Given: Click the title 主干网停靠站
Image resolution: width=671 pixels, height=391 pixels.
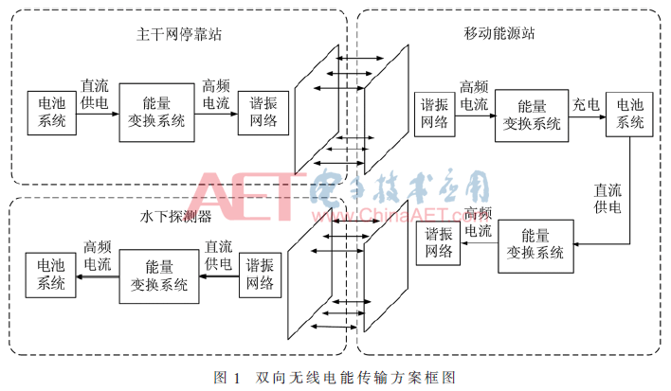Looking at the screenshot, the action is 179,34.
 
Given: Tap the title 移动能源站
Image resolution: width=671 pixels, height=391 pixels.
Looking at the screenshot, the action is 499,33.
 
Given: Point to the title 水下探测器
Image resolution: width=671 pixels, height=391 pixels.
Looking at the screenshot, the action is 175,216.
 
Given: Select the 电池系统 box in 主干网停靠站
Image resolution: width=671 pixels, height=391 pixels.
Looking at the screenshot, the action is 52,113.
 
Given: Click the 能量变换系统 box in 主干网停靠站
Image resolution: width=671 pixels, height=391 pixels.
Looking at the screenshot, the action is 156,113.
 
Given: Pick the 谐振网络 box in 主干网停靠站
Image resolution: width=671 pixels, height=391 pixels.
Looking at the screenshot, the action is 263,113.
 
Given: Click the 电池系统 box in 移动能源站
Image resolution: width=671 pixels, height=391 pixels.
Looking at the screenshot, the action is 629,115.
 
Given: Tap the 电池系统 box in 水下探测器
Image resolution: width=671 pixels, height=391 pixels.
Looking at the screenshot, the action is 50,275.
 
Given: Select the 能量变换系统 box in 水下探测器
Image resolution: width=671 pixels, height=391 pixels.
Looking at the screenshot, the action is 159,276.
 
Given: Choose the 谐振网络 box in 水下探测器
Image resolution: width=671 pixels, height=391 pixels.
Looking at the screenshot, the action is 260,275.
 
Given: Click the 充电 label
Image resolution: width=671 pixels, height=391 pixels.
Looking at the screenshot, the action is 586,105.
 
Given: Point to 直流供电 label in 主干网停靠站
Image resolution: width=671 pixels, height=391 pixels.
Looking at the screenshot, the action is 95,94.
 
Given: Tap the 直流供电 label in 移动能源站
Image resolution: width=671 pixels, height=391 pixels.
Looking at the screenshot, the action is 608,198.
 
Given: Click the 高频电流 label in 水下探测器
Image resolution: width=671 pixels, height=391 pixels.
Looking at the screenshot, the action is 98,256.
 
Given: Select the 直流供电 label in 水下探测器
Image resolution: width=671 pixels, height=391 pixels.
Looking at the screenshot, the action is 218,255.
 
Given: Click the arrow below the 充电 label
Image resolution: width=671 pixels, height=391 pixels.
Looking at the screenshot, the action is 588,116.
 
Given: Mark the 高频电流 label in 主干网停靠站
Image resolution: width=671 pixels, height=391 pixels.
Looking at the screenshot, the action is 216,95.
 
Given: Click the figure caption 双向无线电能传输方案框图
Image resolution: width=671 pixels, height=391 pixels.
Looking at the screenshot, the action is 355,378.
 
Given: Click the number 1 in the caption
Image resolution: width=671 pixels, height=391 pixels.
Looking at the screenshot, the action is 237,378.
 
